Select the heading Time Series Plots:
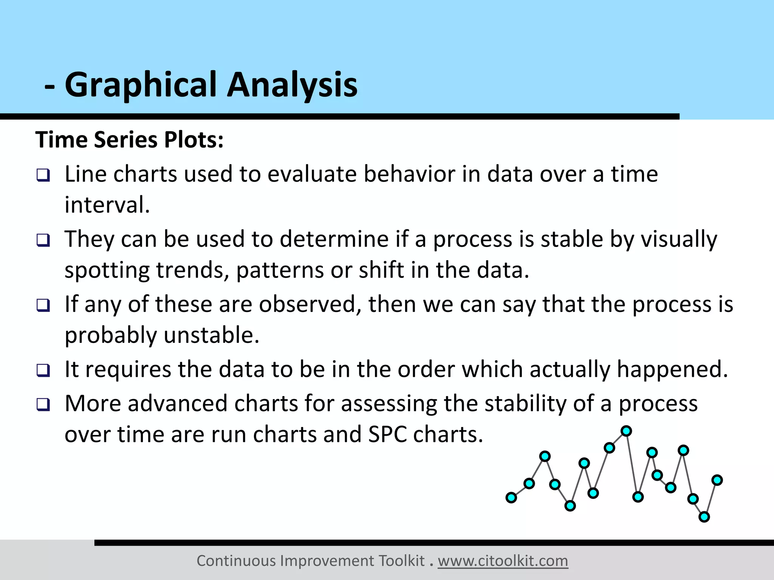(129, 140)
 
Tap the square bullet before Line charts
(43, 175)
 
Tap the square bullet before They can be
(43, 240)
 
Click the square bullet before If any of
(43, 305)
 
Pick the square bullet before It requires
(43, 370)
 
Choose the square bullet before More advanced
(43, 405)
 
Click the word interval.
(107, 205)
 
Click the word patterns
(280, 270)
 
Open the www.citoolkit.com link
(503, 561)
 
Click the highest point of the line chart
(626, 431)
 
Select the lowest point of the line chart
(704, 517)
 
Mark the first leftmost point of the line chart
(511, 498)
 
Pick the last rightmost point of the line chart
(717, 480)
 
